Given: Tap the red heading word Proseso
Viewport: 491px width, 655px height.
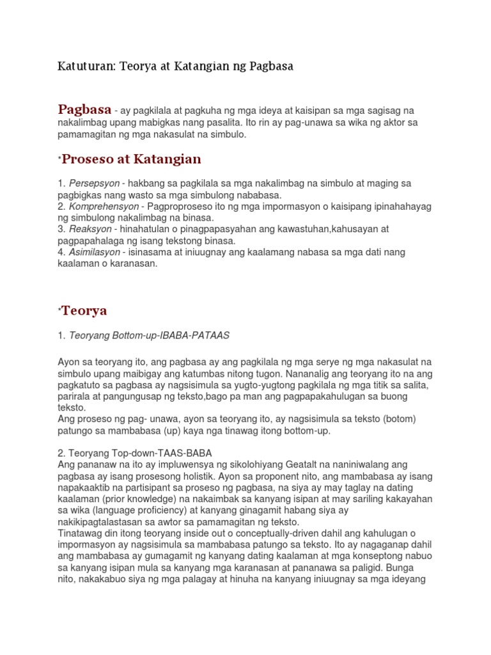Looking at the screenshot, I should pos(90,159).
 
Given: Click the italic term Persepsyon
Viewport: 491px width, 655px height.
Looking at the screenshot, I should pos(94,184).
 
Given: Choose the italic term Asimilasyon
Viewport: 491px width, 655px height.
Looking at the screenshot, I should pos(97,253).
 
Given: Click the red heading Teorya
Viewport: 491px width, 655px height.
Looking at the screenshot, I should pos(84,311).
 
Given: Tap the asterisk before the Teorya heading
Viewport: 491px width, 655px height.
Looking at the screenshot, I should pos(59,310).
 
